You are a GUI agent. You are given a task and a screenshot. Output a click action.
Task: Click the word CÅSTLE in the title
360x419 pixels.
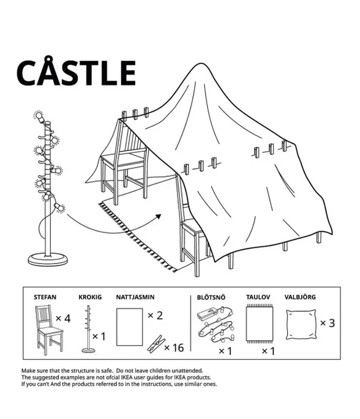pyautogui.click(x=76, y=71)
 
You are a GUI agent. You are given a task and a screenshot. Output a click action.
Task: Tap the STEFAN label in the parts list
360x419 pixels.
pyautogui.click(x=45, y=297)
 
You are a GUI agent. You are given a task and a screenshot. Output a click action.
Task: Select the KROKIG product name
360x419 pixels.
pyautogui.click(x=90, y=297)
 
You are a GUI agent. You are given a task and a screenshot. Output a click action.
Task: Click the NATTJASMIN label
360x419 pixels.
pyautogui.click(x=135, y=297)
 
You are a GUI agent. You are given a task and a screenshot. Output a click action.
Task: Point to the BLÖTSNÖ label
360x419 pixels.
pyautogui.click(x=211, y=298)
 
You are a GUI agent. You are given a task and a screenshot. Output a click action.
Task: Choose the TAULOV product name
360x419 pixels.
pyautogui.click(x=258, y=297)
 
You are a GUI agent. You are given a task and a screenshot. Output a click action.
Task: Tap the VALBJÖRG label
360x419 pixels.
pyautogui.click(x=300, y=297)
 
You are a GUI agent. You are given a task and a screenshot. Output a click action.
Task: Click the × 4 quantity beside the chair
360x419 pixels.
pyautogui.click(x=63, y=319)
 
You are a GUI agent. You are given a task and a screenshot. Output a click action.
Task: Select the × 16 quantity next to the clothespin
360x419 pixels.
pyautogui.click(x=174, y=348)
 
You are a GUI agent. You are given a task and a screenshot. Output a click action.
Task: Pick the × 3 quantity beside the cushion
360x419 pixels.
pyautogui.click(x=328, y=323)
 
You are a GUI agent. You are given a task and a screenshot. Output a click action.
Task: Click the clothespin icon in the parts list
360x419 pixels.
pyautogui.click(x=156, y=344)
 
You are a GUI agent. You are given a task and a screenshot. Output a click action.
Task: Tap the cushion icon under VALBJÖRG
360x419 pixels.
pyautogui.click(x=301, y=325)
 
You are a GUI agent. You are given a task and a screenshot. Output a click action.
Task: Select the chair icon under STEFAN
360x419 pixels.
pyautogui.click(x=49, y=330)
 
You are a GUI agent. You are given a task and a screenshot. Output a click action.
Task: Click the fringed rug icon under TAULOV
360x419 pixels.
pyautogui.click(x=260, y=324)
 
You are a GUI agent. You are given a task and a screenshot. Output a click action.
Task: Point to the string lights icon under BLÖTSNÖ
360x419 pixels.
pyautogui.click(x=215, y=324)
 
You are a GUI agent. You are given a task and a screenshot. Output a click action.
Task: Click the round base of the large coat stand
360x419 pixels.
pyautogui.click(x=48, y=260)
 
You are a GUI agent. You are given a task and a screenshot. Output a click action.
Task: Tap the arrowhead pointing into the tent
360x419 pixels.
pyautogui.click(x=158, y=216)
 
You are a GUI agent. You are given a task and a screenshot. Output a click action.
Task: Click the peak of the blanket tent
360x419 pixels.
pyautogui.click(x=201, y=63)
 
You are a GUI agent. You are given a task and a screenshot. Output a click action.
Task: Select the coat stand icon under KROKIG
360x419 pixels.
pyautogui.click(x=88, y=329)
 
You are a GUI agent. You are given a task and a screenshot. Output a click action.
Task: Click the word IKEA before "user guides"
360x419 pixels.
pyautogui.click(x=128, y=377)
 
